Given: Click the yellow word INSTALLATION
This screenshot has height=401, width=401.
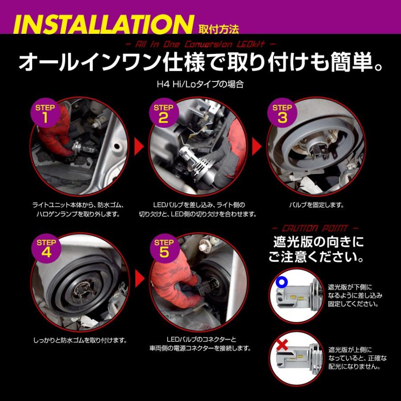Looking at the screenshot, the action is click(x=104, y=25).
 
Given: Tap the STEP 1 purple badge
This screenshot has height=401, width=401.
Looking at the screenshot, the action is click(x=45, y=113).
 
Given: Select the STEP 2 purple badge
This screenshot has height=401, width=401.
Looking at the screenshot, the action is click(x=164, y=113).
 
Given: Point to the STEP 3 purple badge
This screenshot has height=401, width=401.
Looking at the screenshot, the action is click(x=282, y=113).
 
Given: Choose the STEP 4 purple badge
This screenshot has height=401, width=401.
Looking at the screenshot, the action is click(x=46, y=248).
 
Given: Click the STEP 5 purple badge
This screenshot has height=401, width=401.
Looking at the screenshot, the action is click(x=164, y=248).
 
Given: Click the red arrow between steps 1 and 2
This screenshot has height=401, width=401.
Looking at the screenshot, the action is click(x=139, y=147).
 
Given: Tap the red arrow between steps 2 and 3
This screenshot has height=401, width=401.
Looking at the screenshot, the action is click(x=257, y=147).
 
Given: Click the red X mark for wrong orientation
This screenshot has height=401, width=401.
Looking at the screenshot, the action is click(x=282, y=345).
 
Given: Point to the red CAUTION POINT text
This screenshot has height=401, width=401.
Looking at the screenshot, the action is click(x=315, y=228).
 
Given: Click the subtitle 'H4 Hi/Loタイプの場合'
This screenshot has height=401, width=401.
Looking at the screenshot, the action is click(x=200, y=84).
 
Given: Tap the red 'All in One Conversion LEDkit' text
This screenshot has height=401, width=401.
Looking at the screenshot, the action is click(x=200, y=45).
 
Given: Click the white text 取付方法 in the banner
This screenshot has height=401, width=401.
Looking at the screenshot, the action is click(x=219, y=30).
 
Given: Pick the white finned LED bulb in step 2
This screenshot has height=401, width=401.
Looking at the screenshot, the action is click(x=197, y=159).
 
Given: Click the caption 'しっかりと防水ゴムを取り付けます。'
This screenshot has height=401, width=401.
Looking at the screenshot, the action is click(x=80, y=340).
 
